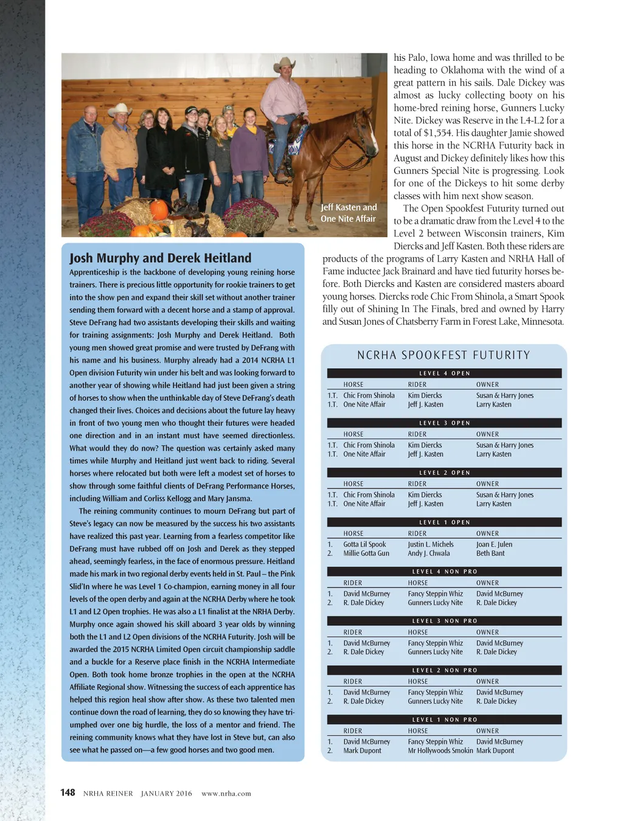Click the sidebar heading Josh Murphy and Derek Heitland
tap(160, 258)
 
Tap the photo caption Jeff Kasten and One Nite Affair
tap(349, 213)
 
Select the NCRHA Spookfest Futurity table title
tap(444, 355)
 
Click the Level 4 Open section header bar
tap(444, 373)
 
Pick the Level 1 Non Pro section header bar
tap(444, 719)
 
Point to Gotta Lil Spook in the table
tap(364, 544)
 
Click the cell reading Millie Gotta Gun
tap(366, 553)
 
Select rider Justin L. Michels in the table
tap(431, 544)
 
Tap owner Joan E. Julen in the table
tap(494, 544)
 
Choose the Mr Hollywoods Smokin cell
tap(440, 750)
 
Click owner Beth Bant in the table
tap(490, 553)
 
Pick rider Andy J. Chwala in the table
tap(429, 553)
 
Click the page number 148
tap(68, 792)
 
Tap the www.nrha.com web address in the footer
tap(226, 793)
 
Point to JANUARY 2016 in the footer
tap(166, 793)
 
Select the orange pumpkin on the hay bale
tap(158, 210)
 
